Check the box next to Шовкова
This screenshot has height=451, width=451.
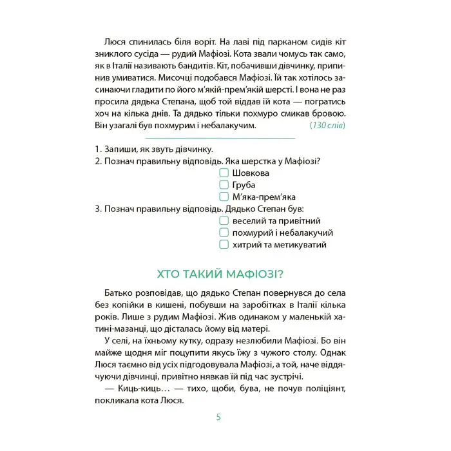point(224,173)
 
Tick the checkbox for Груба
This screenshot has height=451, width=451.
point(224,185)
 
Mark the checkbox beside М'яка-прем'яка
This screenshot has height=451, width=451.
point(224,197)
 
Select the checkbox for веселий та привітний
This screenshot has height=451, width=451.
point(224,221)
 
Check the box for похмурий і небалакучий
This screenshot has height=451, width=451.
point(224,233)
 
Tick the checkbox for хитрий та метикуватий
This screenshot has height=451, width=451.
point(224,245)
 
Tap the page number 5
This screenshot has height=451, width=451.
point(218,417)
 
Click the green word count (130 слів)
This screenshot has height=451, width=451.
point(327,125)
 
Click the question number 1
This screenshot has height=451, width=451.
point(97,149)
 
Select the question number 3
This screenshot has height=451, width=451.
point(97,209)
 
